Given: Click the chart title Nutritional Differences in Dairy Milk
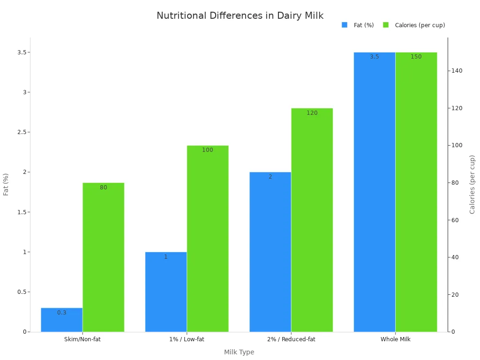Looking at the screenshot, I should (240, 16).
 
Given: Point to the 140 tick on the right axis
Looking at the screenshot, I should (457, 71).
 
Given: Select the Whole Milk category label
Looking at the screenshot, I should (395, 339).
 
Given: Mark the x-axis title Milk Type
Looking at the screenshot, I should (239, 352).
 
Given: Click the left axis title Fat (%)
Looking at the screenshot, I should (6, 184).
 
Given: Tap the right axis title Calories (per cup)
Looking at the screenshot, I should (472, 184).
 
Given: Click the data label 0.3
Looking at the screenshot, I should (61, 313).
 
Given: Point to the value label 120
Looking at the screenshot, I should (312, 113).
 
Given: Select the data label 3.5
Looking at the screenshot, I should (374, 57).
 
